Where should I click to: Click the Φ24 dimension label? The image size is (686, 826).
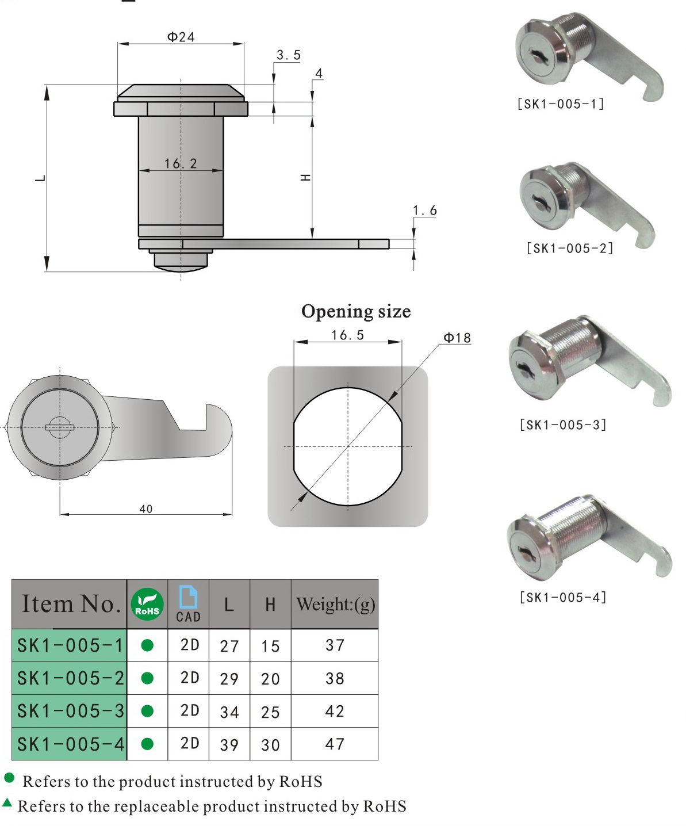coord(181,37)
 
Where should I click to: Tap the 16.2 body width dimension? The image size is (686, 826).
coord(181,164)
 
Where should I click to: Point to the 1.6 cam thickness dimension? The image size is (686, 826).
coord(424,211)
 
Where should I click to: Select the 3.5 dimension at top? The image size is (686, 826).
coord(288,55)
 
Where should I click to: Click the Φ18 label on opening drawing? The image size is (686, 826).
coord(457,338)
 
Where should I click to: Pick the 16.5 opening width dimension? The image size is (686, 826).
coord(347,335)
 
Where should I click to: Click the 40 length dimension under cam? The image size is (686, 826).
coord(146,509)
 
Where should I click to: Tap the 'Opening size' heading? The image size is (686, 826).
coord(356,312)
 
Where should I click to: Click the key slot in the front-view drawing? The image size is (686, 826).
coord(60,427)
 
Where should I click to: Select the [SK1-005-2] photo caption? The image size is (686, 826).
coord(569,248)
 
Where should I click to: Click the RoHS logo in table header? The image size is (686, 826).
coord(147,605)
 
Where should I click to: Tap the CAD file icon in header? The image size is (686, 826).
coord(188,598)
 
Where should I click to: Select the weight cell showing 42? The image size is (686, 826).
coord(335,712)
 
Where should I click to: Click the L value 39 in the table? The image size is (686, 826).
coord(229,745)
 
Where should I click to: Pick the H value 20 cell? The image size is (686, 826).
coord(270,679)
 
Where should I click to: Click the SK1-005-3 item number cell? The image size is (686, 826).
coord(70,712)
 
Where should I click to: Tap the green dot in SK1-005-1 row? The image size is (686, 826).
coord(147,645)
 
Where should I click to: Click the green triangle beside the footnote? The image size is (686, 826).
coord(7,802)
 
